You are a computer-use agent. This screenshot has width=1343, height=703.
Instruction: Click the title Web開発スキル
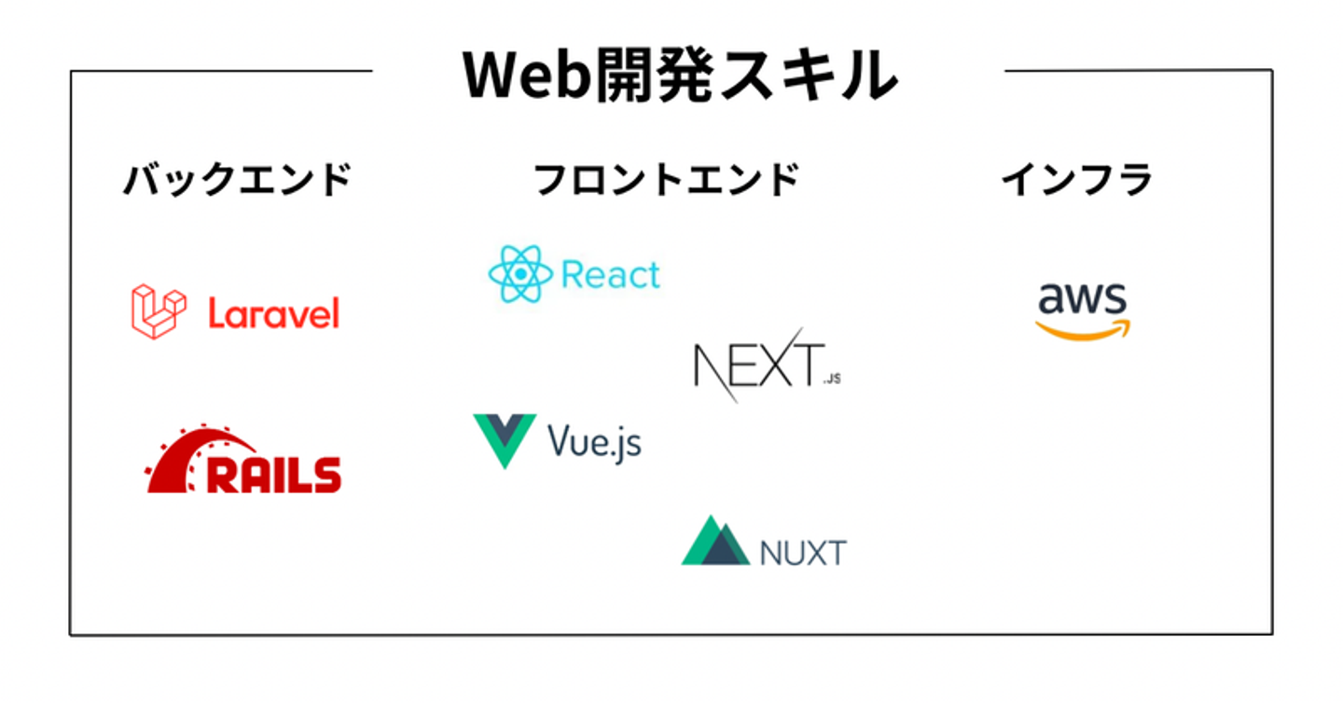(x=680, y=76)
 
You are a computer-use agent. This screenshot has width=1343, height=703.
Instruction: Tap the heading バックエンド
(x=238, y=179)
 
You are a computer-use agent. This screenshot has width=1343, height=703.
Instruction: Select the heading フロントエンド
(x=667, y=179)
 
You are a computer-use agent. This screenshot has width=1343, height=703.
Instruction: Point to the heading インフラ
(x=1077, y=179)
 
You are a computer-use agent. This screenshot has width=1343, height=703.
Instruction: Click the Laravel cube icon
(x=159, y=311)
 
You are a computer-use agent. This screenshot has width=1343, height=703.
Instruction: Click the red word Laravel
(x=274, y=313)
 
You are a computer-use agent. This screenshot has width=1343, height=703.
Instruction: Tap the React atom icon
(x=520, y=274)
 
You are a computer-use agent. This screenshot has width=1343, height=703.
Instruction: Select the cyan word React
(x=611, y=275)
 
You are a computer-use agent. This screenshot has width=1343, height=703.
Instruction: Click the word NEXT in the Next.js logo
(x=759, y=364)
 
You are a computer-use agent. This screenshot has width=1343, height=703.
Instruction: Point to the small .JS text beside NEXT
(x=832, y=379)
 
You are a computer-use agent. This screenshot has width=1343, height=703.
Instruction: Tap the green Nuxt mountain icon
(x=715, y=541)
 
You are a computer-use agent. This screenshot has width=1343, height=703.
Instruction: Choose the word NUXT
(x=803, y=553)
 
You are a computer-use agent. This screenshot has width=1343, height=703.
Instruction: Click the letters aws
(x=1082, y=297)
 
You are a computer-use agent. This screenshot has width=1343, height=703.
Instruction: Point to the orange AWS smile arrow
(x=1083, y=331)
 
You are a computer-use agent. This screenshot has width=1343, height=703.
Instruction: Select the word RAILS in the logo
(x=274, y=475)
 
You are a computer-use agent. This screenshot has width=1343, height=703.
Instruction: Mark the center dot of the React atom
(x=520, y=274)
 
